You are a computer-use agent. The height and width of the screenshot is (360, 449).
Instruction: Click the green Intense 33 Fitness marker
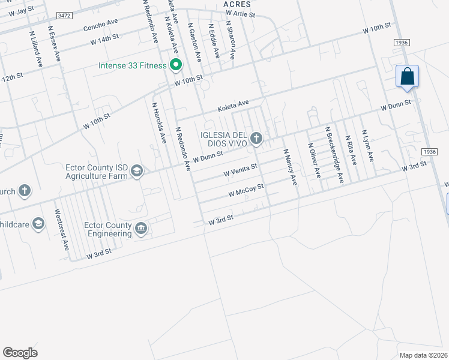point(176,64)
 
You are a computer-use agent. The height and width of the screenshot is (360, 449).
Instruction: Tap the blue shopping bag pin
point(407,77)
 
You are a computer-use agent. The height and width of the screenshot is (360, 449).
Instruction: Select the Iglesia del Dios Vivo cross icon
point(256,139)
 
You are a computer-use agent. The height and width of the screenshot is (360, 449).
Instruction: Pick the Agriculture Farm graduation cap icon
point(137,172)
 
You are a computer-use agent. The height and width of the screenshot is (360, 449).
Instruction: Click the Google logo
point(20,353)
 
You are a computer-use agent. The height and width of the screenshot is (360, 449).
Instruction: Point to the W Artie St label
point(240,13)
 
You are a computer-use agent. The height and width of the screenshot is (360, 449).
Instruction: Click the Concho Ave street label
point(100,25)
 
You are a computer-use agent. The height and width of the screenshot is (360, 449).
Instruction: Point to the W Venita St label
point(240,171)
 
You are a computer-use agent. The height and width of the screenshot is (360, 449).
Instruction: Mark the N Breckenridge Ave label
point(334,154)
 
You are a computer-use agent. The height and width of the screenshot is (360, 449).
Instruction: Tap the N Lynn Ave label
point(367,146)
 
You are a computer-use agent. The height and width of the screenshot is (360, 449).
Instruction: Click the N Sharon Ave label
point(230,41)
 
